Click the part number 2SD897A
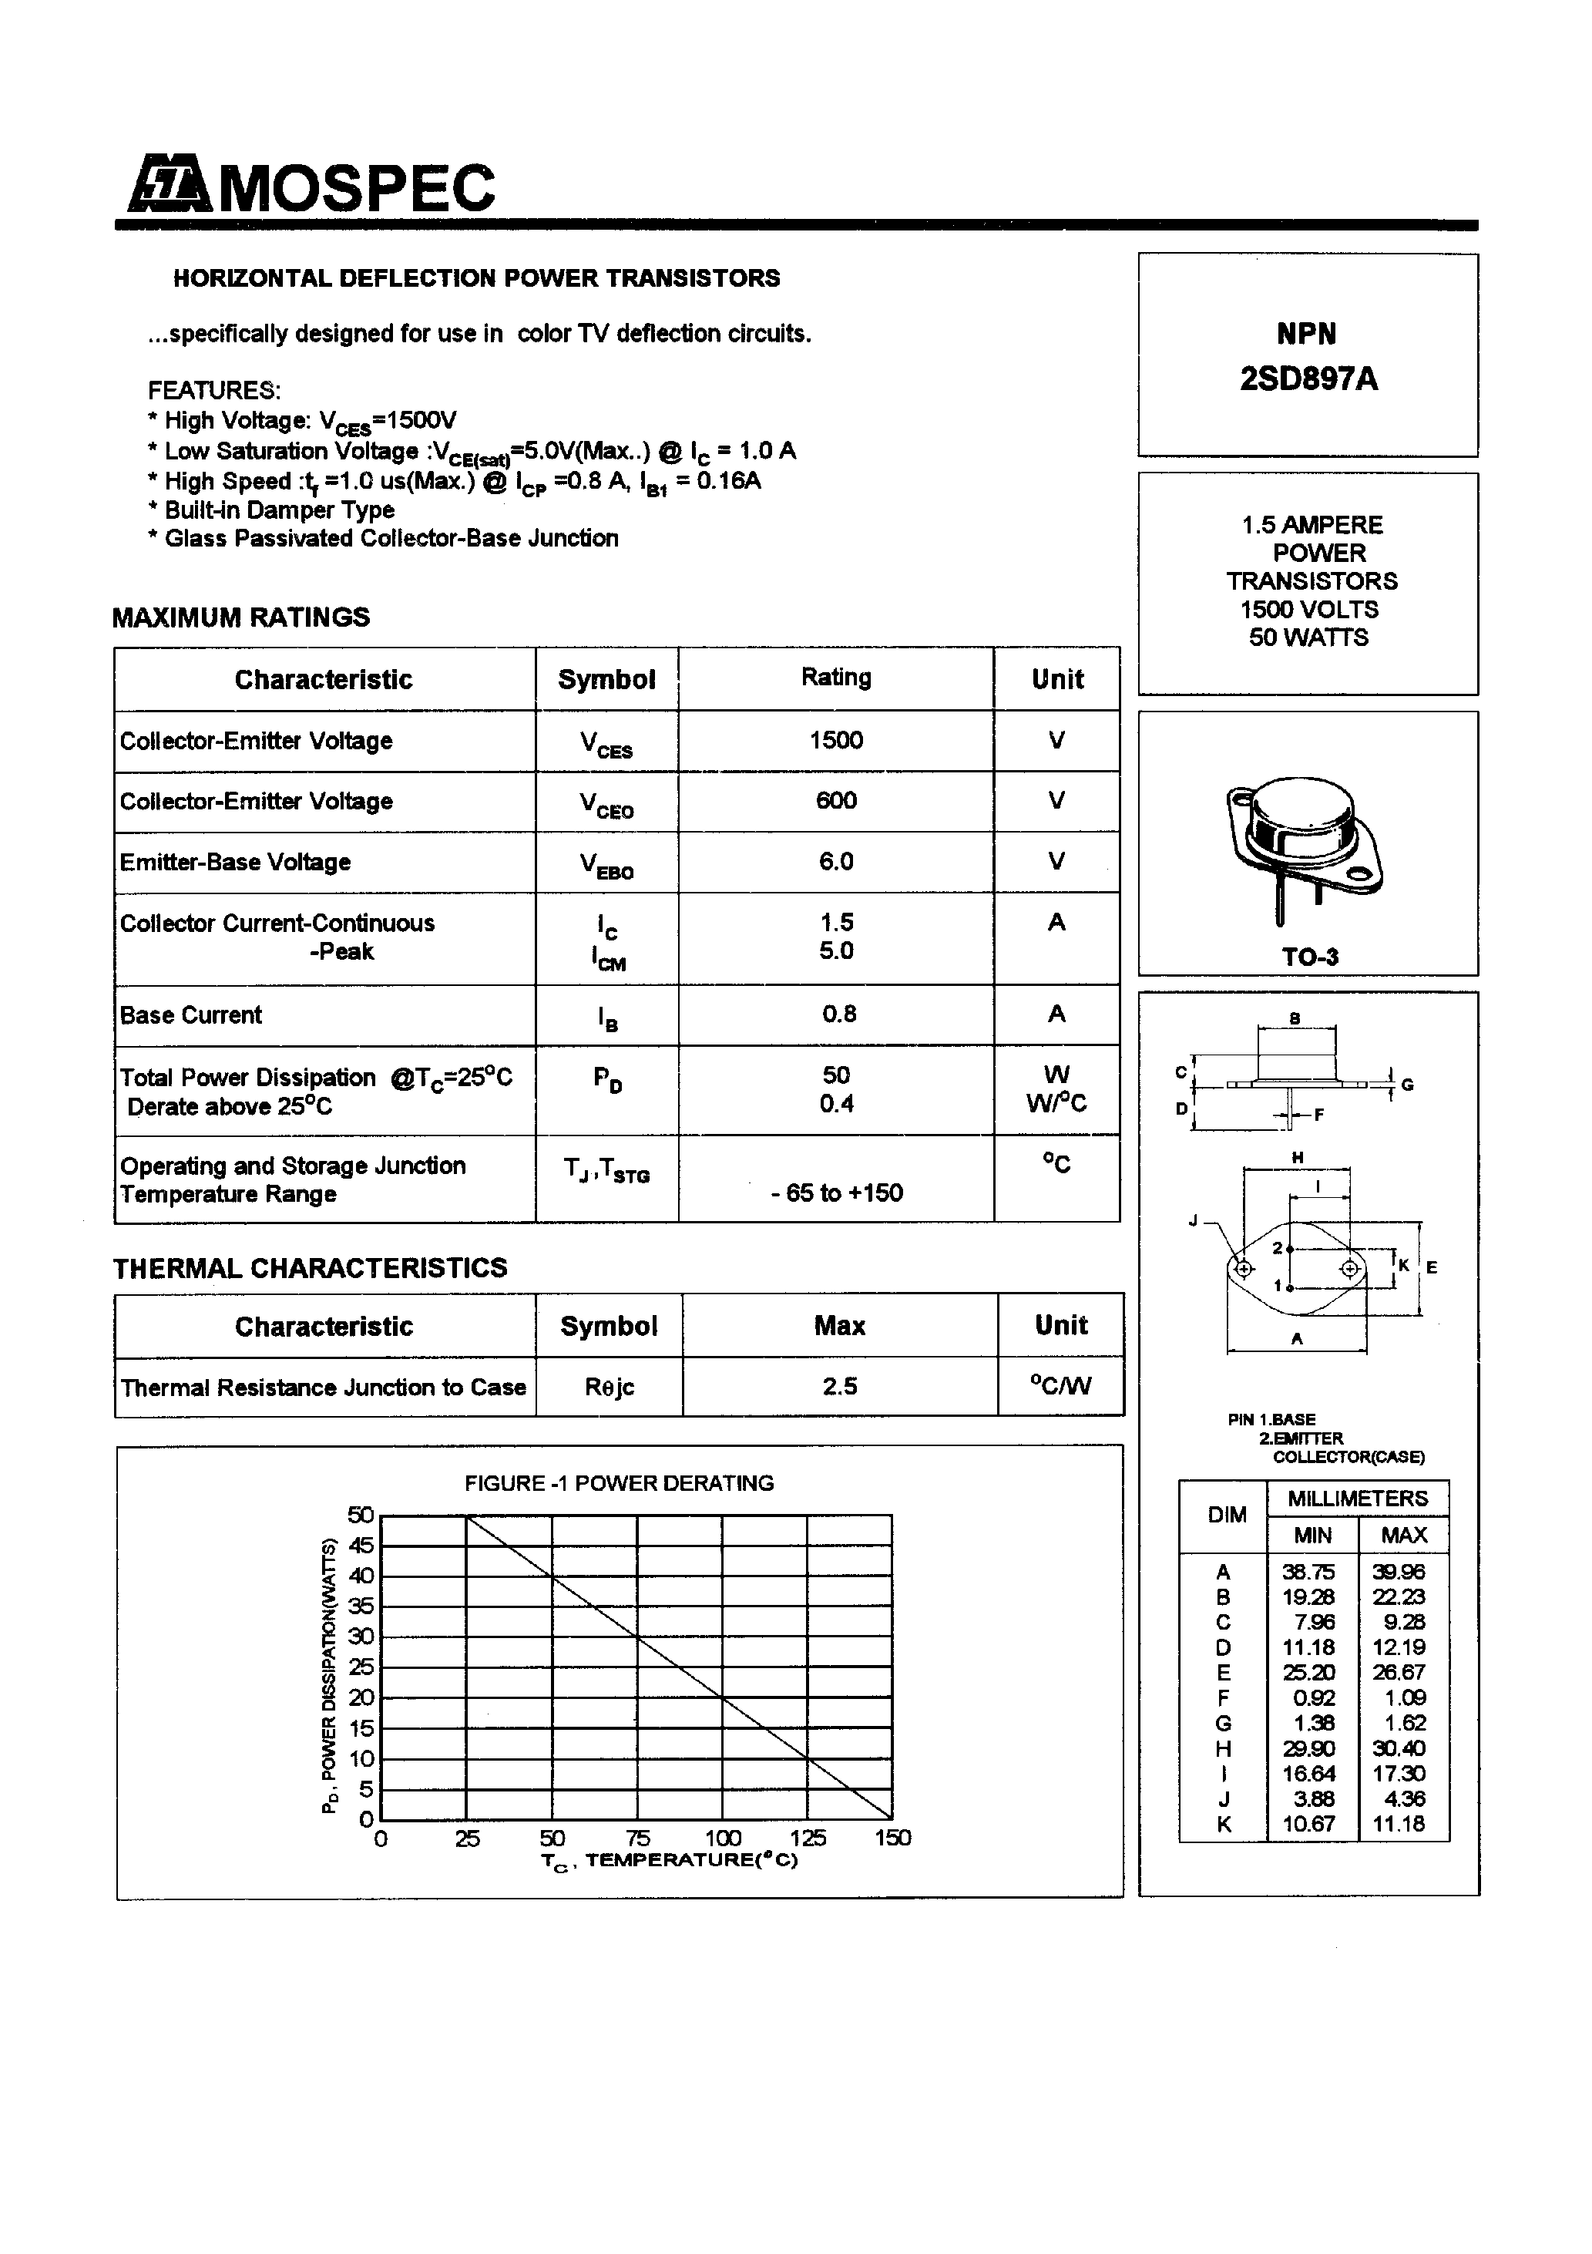tap(1308, 379)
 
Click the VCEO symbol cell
tap(606, 804)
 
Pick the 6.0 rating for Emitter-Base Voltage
tap(835, 861)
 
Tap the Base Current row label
tap(190, 1015)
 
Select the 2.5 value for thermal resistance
tap(839, 1386)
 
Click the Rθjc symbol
tap(609, 1387)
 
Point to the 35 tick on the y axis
tap(361, 1606)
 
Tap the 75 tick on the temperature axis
tap(637, 1838)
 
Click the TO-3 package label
tap(1309, 957)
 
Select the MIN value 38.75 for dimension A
tap(1308, 1572)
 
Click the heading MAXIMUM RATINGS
tap(240, 617)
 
